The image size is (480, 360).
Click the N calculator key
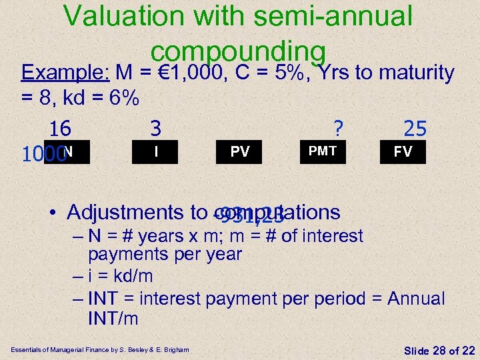[67, 152]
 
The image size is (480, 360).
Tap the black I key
[155, 152]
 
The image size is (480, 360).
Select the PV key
[240, 152]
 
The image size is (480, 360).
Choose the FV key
[402, 152]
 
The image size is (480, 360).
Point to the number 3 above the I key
[155, 127]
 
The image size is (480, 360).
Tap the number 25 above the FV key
[415, 128]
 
